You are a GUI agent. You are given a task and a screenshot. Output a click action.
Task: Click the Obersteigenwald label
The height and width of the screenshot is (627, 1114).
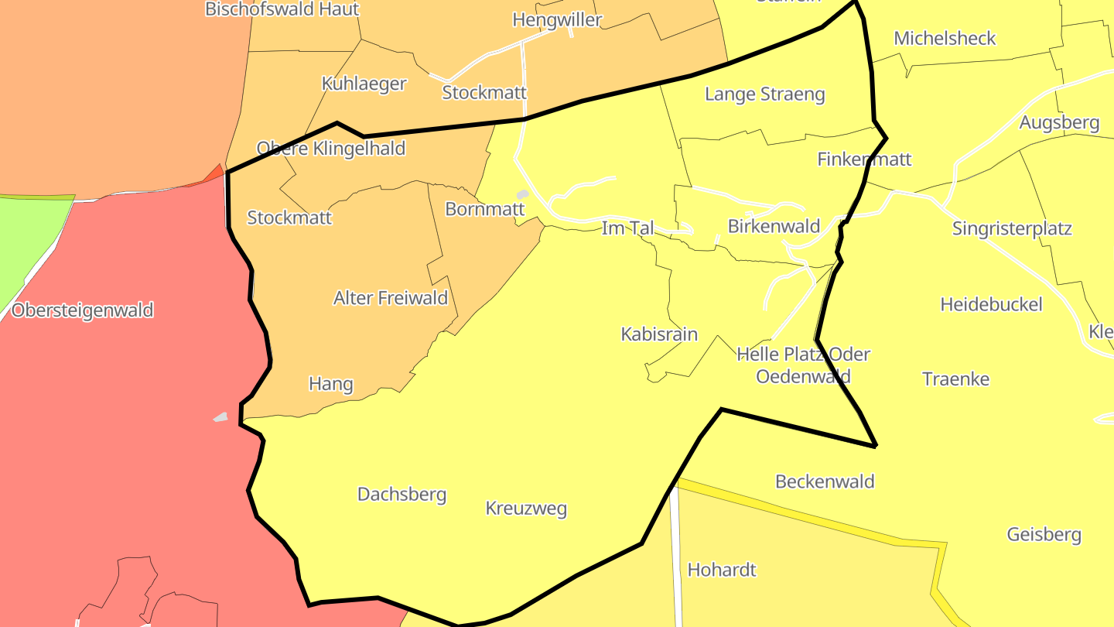click(x=83, y=310)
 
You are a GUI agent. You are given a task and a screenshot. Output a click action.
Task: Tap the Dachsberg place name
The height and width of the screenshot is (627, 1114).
click(x=402, y=494)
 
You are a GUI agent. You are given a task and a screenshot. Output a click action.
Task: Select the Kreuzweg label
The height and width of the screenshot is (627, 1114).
click(x=526, y=509)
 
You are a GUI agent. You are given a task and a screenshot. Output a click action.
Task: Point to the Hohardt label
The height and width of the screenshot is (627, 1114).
click(x=722, y=570)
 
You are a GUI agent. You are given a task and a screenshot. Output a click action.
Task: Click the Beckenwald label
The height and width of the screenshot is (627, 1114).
click(x=825, y=481)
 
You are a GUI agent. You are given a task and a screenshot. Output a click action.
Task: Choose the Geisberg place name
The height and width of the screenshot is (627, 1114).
click(x=1044, y=534)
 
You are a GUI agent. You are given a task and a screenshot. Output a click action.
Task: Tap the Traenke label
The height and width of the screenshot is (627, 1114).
click(x=955, y=379)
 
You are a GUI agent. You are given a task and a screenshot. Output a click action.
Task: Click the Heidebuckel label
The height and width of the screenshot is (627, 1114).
click(x=991, y=304)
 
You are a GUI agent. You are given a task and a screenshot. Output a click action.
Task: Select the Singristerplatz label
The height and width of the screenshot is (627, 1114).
click(x=1012, y=228)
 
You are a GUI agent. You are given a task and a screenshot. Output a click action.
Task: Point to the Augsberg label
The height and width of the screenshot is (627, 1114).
click(x=1059, y=122)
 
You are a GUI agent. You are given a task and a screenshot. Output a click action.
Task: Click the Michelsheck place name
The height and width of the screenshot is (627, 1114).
click(x=945, y=38)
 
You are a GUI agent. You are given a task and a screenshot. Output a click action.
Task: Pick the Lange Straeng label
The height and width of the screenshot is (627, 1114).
click(x=764, y=94)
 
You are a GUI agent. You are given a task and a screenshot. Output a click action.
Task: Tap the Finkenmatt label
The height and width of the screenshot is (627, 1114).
click(x=864, y=159)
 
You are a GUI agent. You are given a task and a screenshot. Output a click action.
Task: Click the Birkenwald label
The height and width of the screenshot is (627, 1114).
click(x=774, y=226)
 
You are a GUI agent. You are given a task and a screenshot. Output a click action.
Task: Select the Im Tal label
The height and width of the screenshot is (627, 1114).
click(x=627, y=228)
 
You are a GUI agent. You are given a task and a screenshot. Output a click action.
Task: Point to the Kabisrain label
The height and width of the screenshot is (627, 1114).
click(x=659, y=334)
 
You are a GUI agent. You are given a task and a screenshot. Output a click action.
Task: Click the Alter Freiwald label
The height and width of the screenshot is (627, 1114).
click(x=391, y=297)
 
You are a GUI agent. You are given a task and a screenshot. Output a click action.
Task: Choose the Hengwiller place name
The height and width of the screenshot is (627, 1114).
click(x=557, y=20)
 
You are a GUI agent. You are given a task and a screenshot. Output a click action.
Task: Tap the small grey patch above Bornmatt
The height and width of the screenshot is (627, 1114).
click(x=523, y=194)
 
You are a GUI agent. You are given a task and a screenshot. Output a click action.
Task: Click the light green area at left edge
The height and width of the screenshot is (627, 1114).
click(x=27, y=240)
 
